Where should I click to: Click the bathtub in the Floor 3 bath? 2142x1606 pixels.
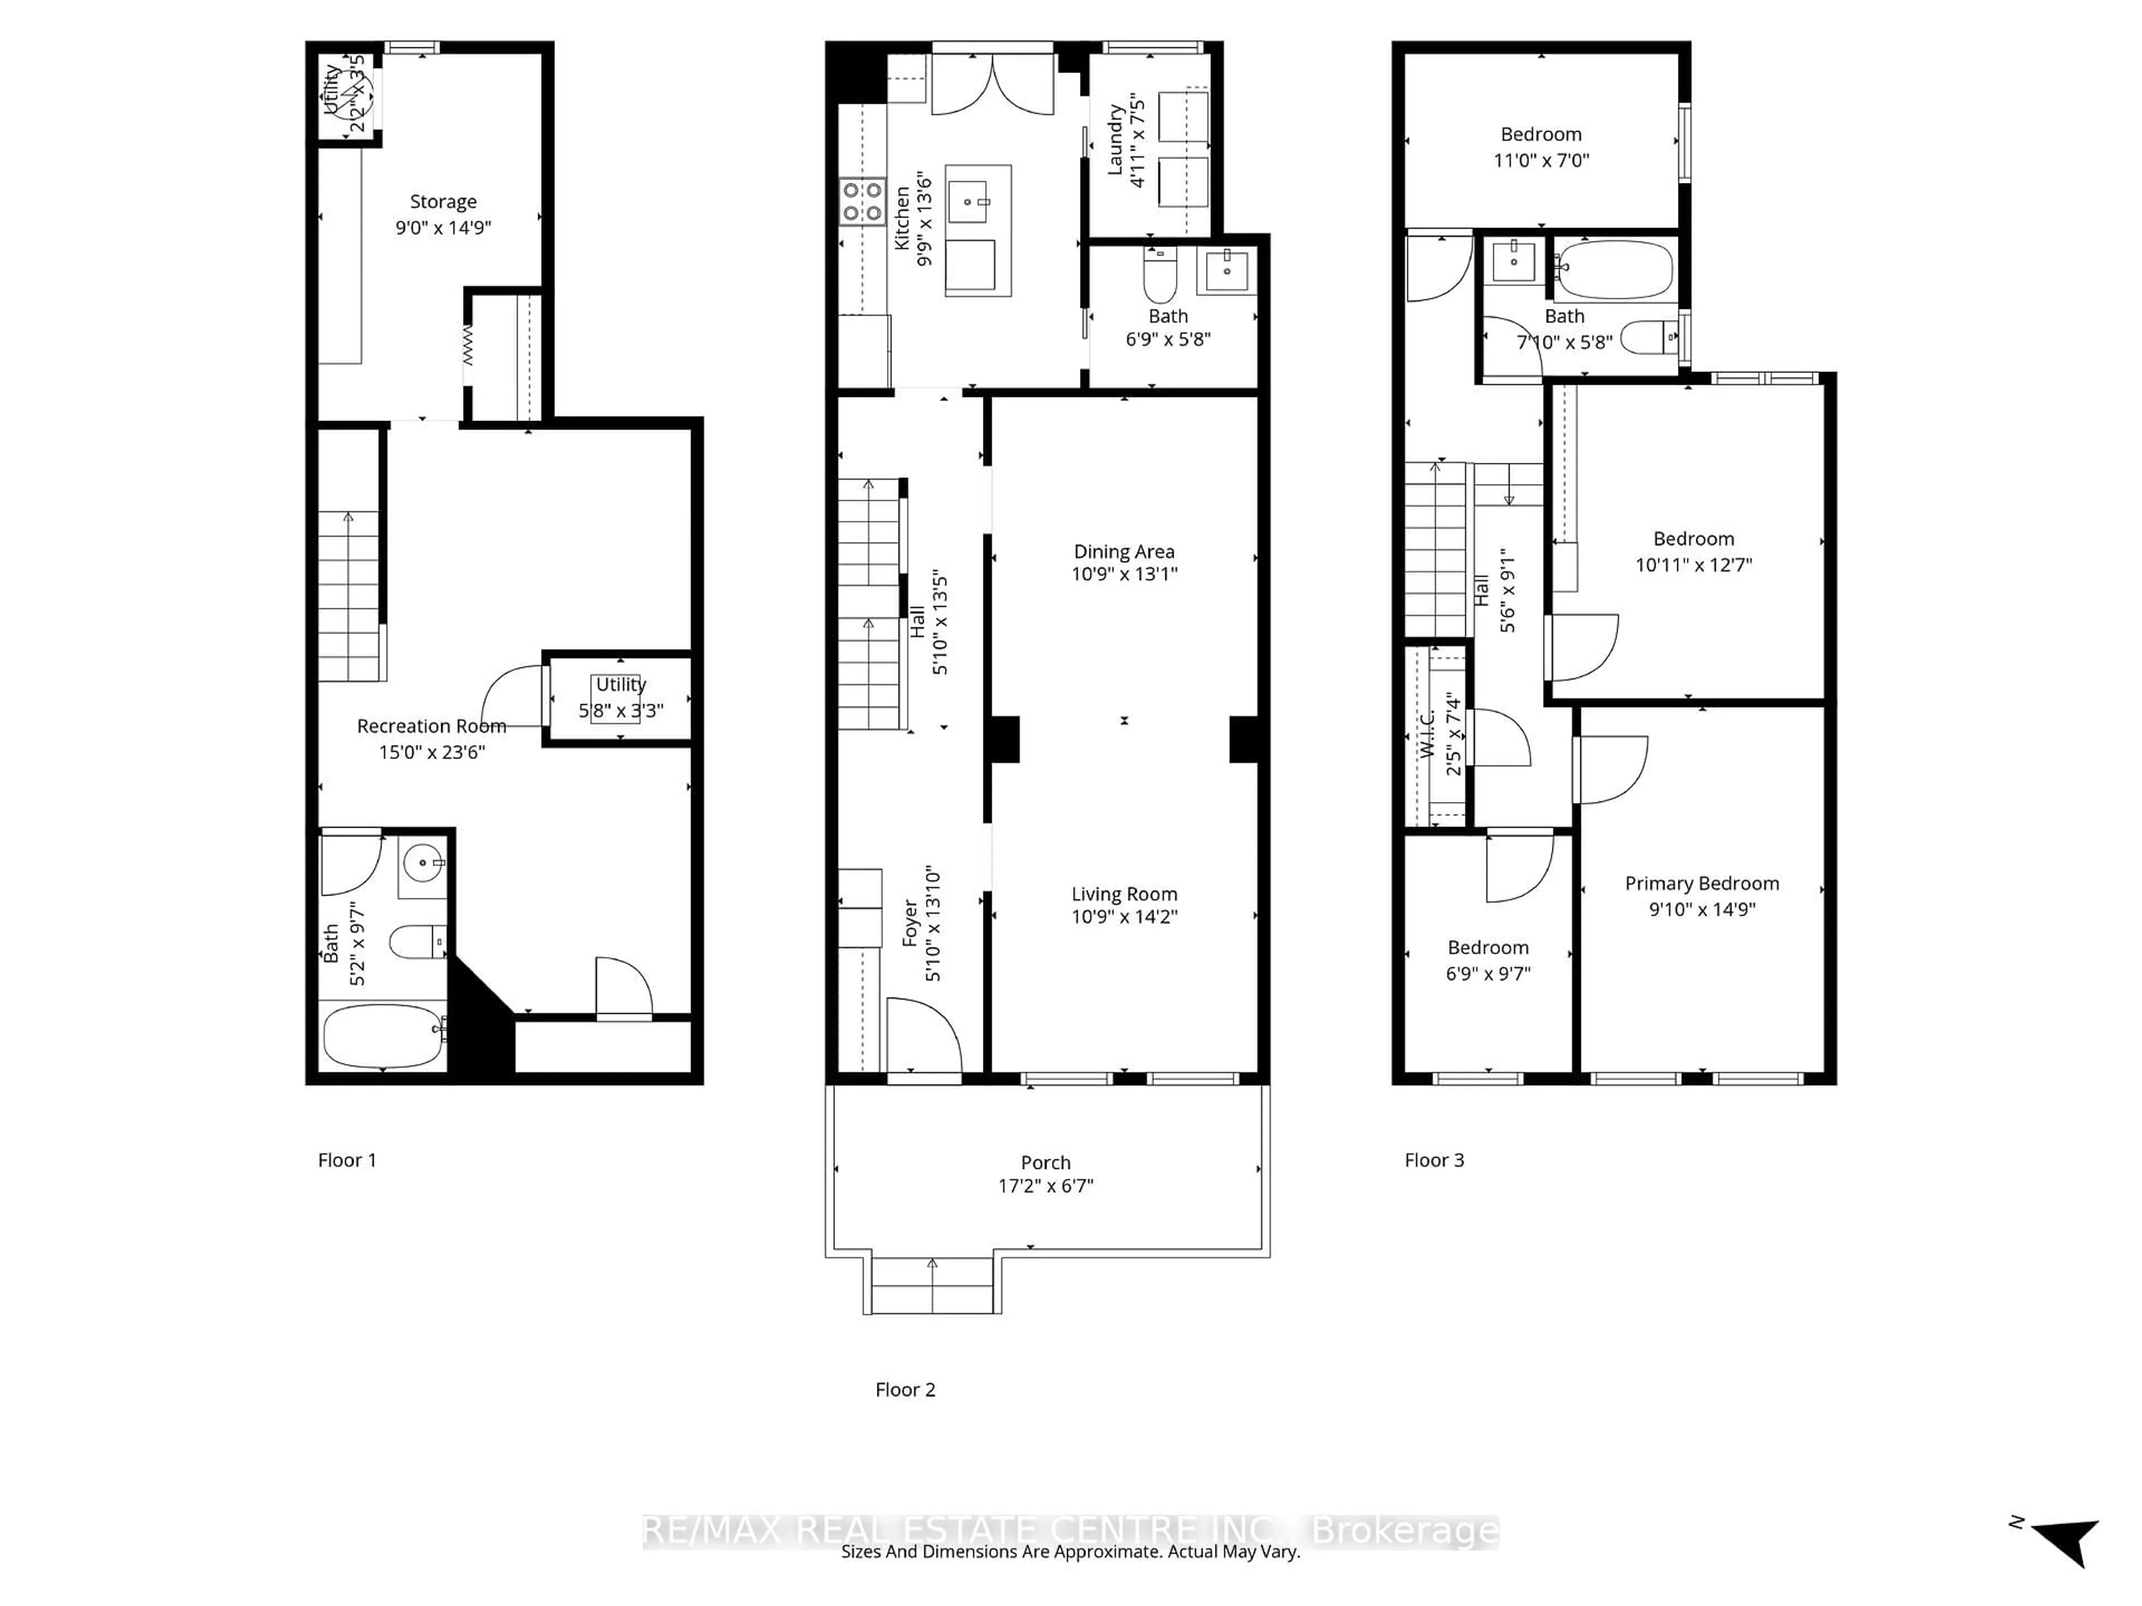[1615, 269]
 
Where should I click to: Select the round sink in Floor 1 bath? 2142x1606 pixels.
[423, 863]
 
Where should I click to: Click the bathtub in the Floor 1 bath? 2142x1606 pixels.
[383, 1036]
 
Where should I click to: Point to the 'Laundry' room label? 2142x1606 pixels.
[1116, 141]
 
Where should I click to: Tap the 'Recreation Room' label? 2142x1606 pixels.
[431, 726]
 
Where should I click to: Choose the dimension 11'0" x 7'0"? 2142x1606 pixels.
[1541, 161]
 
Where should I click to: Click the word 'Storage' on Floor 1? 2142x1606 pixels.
[442, 201]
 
